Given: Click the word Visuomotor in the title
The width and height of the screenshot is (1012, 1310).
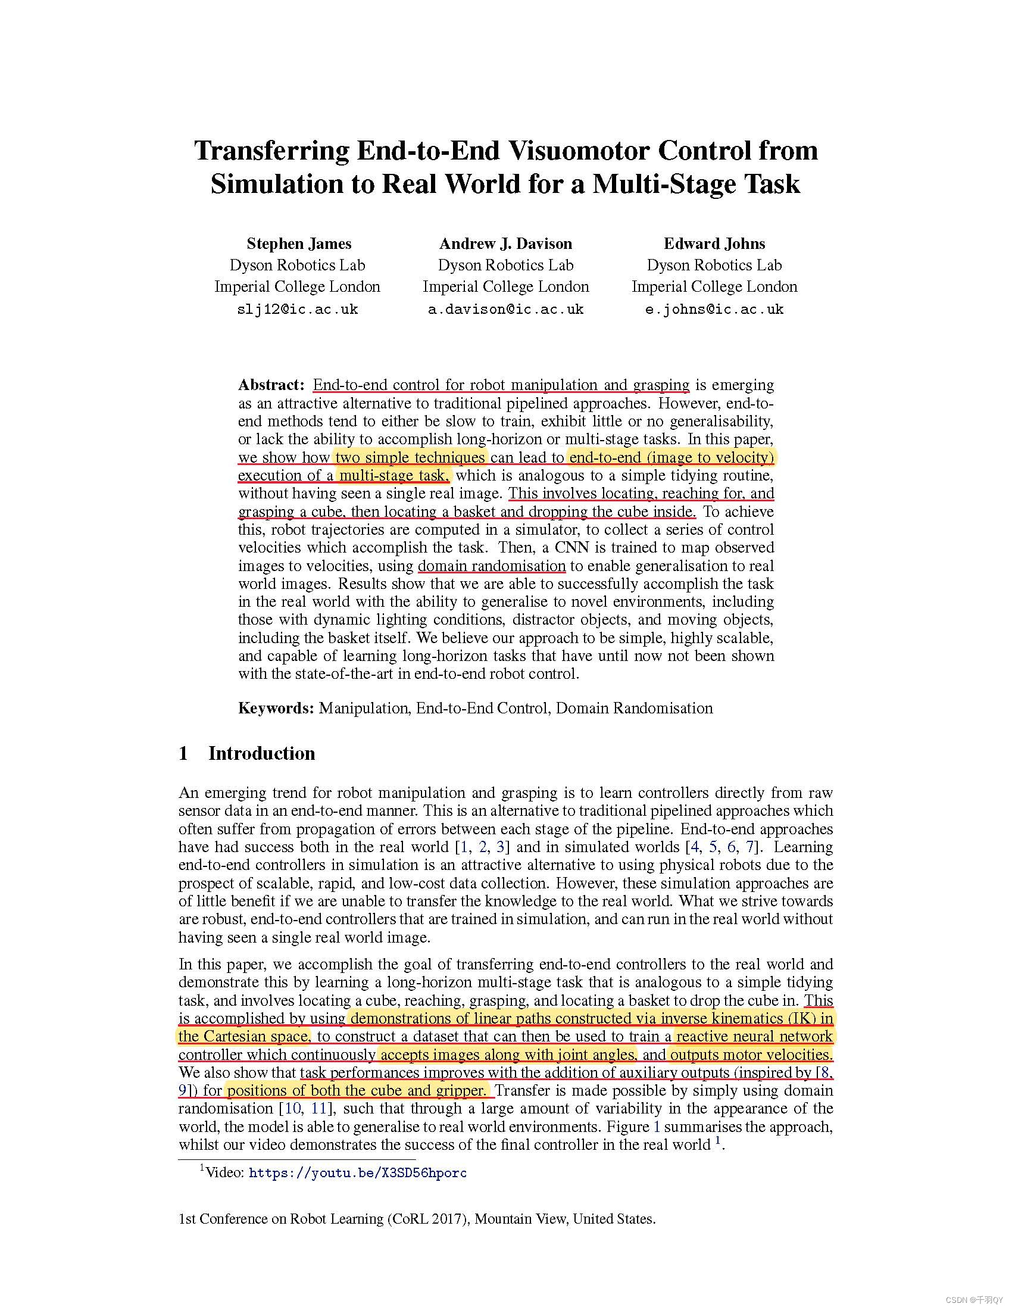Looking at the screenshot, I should coord(579,150).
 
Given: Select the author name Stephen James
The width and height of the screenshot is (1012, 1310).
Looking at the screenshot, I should coord(299,244).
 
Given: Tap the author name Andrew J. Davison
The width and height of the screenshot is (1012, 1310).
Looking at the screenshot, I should coord(505,244).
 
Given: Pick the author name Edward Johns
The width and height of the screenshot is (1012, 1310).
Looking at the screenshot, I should coord(714,244).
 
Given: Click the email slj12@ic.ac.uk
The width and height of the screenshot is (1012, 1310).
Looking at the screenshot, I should coord(298,310).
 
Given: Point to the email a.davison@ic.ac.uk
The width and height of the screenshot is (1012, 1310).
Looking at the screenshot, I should coord(505,310).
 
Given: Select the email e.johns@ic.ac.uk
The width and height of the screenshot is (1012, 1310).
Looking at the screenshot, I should coord(714,310).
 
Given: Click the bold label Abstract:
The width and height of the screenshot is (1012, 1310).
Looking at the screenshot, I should coord(271,385).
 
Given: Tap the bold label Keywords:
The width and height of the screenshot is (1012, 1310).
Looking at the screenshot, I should coord(276,708).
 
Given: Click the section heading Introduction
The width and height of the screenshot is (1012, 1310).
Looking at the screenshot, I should coord(261,753).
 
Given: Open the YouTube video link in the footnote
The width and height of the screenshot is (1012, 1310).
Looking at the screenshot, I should coord(357,1172).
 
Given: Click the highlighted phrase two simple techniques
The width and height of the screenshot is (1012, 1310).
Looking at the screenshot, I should coord(410,457).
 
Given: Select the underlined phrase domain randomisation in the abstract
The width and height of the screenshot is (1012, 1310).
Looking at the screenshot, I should coord(492,566).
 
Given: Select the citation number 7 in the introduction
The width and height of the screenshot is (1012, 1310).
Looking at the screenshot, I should coord(749,846).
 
